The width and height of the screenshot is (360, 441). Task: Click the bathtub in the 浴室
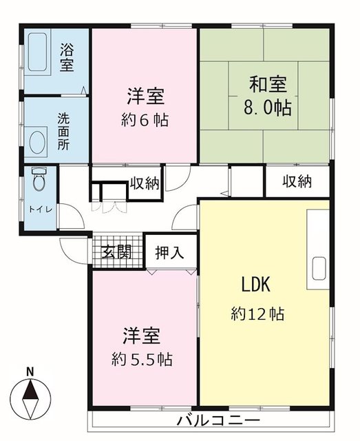click(x=37, y=52)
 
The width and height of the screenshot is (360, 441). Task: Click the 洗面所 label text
click(x=63, y=132)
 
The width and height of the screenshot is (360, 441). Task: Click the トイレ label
click(x=41, y=209)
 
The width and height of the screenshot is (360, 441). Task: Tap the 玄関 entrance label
click(x=116, y=252)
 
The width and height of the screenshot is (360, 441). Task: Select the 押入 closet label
click(x=169, y=252)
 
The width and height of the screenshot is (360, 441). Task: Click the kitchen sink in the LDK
click(x=319, y=268)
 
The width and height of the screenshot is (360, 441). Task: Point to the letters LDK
click(x=256, y=285)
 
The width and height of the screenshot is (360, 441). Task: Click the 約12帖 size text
click(x=257, y=314)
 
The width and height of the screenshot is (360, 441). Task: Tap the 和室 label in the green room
click(x=268, y=84)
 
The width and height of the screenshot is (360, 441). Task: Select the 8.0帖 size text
click(x=267, y=107)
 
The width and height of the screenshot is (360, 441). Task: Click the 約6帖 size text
click(x=145, y=120)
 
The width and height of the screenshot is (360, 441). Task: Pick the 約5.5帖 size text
click(x=142, y=359)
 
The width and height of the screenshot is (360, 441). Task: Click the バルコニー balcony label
click(x=218, y=421)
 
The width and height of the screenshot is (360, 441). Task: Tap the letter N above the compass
click(x=30, y=372)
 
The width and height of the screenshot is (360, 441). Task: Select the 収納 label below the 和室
click(x=297, y=181)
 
